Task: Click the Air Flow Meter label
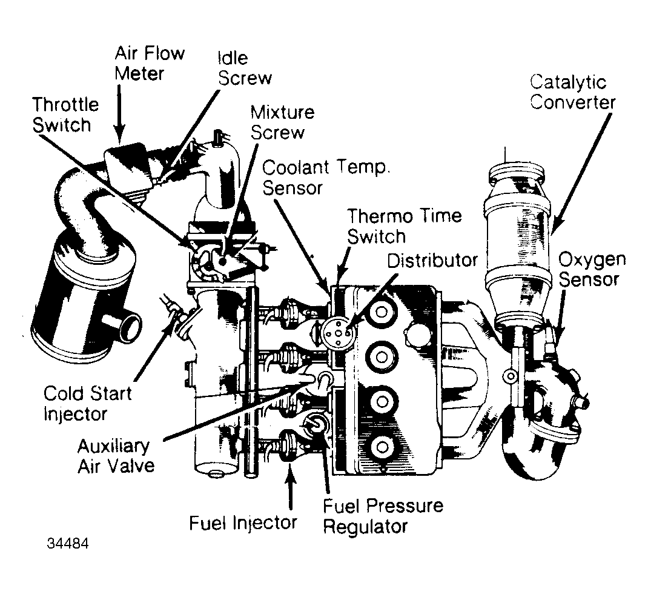[149, 64]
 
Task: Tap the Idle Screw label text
[244, 68]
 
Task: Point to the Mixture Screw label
[282, 121]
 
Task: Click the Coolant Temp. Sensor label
[325, 177]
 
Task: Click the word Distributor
[432, 260]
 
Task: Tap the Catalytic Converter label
[572, 92]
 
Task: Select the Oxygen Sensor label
[591, 270]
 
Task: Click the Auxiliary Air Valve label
[114, 456]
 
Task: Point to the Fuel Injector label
[243, 522]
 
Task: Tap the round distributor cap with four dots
[336, 332]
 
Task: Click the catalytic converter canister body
[517, 242]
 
